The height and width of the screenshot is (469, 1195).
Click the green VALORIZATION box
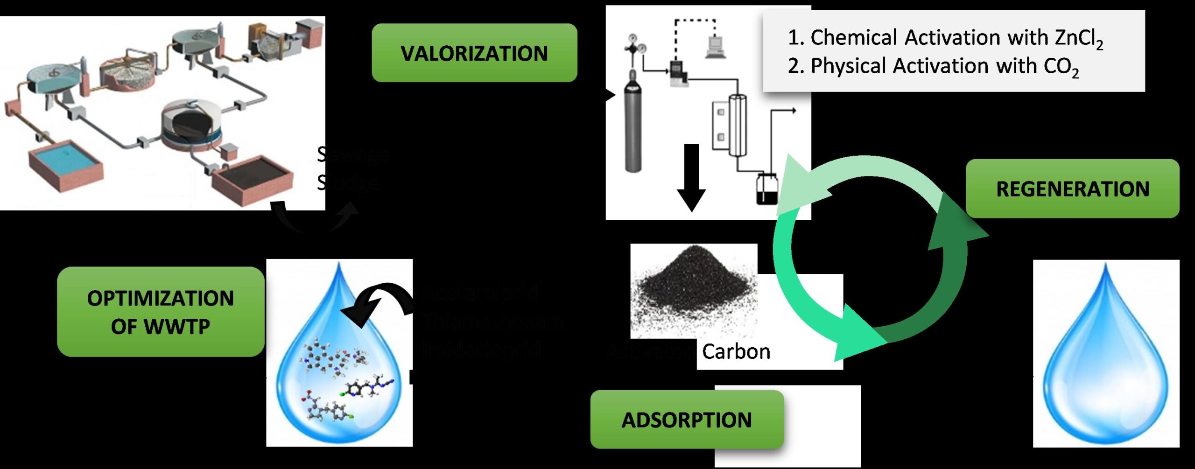(x=474, y=53)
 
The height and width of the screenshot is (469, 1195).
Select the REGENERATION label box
(x=1072, y=189)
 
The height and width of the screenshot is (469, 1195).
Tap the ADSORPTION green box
(x=687, y=420)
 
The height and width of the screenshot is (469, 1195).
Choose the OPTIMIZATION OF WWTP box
(x=161, y=312)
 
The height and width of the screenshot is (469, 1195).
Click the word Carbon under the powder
(x=736, y=351)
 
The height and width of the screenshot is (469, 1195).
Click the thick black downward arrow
(x=691, y=177)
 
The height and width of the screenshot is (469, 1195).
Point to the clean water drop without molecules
(x=1105, y=359)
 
